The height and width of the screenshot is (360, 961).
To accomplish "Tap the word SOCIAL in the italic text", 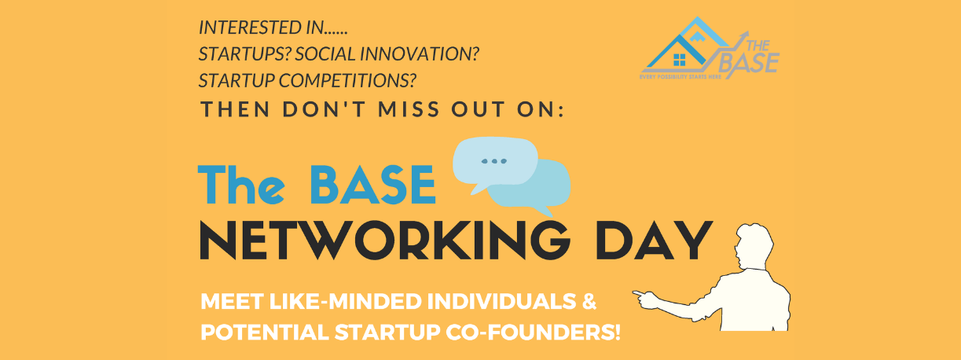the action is (325, 54).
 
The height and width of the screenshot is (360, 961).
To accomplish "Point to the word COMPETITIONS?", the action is (347, 81).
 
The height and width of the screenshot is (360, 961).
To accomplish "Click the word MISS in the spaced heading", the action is (409, 109).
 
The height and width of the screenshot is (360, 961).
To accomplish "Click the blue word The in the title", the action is (241, 185).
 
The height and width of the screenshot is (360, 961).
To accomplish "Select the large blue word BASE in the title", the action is (372, 185).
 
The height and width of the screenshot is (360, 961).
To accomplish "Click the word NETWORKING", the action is (385, 241).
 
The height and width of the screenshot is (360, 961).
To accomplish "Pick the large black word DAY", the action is (654, 241).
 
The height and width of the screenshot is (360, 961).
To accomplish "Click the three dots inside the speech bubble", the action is (493, 161).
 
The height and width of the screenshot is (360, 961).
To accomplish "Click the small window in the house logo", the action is (679, 60).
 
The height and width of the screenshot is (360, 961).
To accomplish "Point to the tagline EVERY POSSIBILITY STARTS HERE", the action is (680, 77).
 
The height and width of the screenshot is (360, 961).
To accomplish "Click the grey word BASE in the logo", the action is (749, 63).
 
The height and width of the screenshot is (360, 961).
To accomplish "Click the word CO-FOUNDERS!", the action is (533, 332).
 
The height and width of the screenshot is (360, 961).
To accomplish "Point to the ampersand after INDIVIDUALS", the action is (589, 301).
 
